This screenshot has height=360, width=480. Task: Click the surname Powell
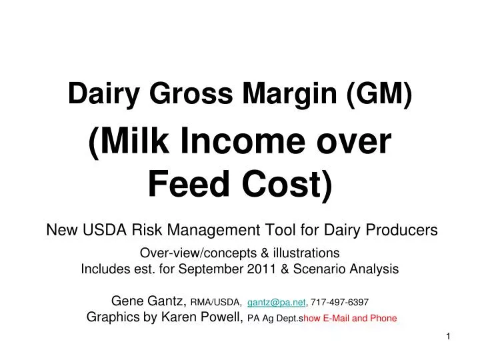point(223,317)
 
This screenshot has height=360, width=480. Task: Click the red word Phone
point(383,318)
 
